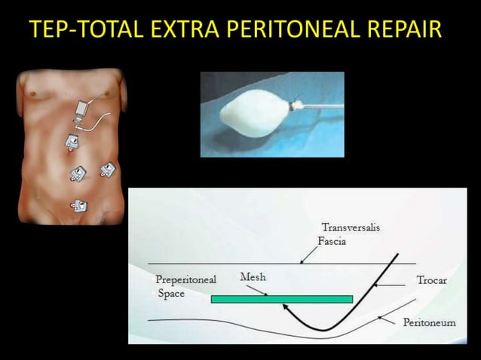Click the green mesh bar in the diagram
(x=281, y=299)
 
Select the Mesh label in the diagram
(x=253, y=277)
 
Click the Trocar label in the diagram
(x=432, y=280)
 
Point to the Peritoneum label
(x=429, y=322)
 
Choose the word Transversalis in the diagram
(x=346, y=227)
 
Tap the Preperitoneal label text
(x=185, y=280)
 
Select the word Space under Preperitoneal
(x=171, y=294)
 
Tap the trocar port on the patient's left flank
(x=107, y=171)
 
